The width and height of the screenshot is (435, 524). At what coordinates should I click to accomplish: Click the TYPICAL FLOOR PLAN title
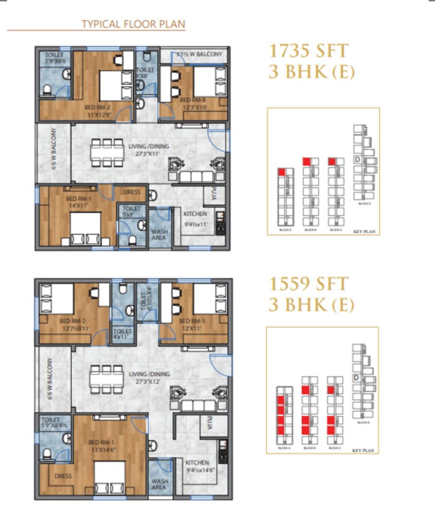[x=133, y=24]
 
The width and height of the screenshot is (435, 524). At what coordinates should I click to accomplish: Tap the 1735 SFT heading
[x=308, y=51]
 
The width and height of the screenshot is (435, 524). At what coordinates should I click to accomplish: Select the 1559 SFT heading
[x=308, y=284]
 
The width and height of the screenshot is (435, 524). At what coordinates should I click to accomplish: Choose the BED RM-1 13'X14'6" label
[x=104, y=444]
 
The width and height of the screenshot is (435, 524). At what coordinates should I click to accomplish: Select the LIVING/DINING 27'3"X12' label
[x=149, y=378]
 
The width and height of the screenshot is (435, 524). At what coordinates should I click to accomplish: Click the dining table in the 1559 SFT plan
[x=107, y=378]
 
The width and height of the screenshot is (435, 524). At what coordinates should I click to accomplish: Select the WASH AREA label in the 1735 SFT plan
[x=159, y=236]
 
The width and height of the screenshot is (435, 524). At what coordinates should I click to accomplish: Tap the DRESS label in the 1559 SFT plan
[x=63, y=475]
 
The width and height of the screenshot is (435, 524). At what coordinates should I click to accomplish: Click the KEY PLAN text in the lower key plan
[x=363, y=451]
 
